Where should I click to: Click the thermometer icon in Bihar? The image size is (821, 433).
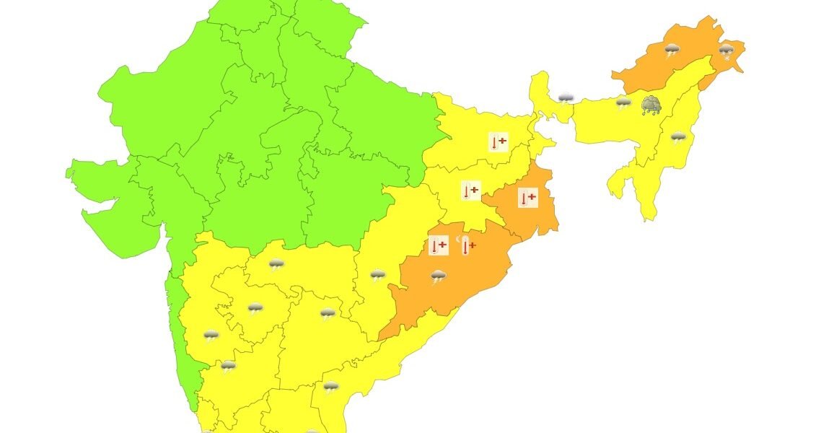point(498,142)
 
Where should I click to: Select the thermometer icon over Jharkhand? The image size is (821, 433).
point(470,191)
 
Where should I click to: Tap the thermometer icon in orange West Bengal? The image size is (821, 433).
point(527,198)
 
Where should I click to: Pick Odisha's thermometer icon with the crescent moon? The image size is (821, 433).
point(466,246)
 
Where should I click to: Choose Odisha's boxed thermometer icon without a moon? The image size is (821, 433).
point(438,246)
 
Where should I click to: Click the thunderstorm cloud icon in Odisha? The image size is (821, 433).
point(439,276)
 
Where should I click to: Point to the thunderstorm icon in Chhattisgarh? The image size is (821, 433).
point(377,275)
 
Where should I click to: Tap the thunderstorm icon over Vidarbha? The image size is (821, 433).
point(276,264)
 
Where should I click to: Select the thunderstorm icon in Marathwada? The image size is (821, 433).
point(255,309)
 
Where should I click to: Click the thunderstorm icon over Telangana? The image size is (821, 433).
point(328,314)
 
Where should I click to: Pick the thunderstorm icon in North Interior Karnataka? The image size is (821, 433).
point(228,367)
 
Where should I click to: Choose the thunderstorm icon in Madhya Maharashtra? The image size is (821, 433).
point(211,336)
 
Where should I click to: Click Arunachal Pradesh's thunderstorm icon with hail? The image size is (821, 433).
point(726,51)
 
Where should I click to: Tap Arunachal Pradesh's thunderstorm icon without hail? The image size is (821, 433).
point(672,51)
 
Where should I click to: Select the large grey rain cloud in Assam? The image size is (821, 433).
point(652,105)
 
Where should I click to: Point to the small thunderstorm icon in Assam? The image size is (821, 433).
point(623,103)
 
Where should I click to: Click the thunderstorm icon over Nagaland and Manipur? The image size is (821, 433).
point(677,137)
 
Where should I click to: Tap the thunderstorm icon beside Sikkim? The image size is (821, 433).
point(566,97)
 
